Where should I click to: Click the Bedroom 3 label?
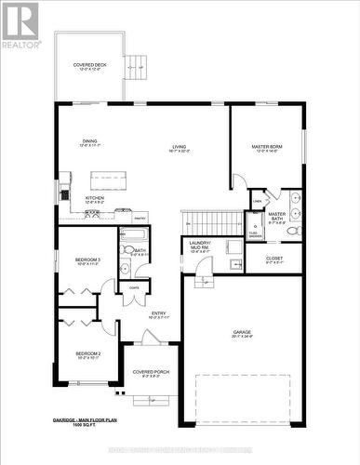point(87,260)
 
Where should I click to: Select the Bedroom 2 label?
point(87,355)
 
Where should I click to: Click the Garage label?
point(242,335)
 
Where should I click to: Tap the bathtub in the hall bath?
point(132,234)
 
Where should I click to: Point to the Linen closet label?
point(257,201)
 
